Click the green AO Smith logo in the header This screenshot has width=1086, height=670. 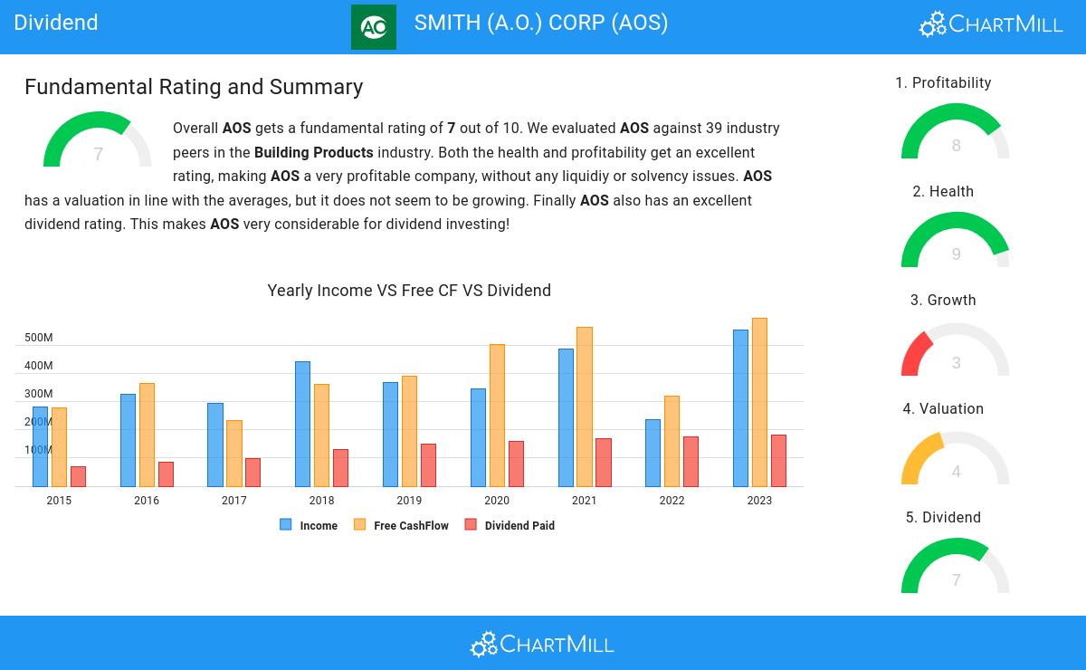coord(374,27)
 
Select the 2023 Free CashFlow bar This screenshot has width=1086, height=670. coord(759,403)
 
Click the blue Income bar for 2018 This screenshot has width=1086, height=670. coord(302,424)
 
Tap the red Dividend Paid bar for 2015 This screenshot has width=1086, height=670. coord(78,476)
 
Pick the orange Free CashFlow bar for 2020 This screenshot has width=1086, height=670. coord(497,416)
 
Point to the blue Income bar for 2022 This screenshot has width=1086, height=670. coord(653,453)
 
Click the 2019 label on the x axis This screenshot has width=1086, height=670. coord(409,501)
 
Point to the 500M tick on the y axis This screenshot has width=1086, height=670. coord(39,338)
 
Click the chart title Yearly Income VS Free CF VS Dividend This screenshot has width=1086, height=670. coord(409,291)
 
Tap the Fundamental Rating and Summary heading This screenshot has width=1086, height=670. coord(194,87)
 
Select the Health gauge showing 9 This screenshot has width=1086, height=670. coord(956,243)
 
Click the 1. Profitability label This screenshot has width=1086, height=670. coord(943,83)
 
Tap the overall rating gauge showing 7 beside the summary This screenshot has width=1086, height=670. coord(98,143)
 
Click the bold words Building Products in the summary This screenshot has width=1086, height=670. coord(313,153)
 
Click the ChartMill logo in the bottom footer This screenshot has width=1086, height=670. coord(543,644)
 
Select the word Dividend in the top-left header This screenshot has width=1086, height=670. coord(56,23)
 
